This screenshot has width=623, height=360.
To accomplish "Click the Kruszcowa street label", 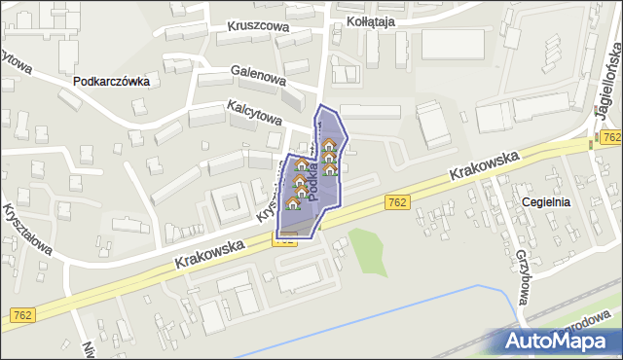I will click(259, 27).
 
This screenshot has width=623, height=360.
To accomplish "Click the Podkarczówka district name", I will click(111, 82).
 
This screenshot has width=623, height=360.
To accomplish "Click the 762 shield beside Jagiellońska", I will click(611, 139).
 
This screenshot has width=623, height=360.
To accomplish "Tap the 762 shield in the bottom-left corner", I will click(24, 314).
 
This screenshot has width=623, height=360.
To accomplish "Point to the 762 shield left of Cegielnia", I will click(397, 201).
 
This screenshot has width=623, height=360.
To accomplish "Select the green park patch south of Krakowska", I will click(368, 251).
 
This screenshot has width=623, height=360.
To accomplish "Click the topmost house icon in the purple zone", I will click(328, 145).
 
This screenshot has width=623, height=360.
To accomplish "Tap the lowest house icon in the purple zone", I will click(294, 202).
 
